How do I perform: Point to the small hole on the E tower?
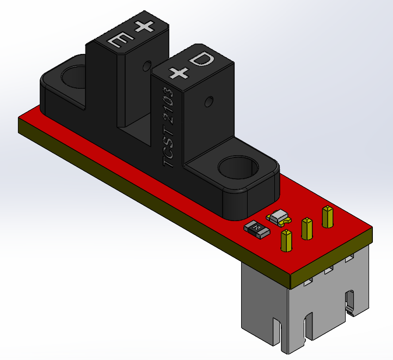(x=145, y=67)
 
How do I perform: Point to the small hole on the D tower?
(x=208, y=101)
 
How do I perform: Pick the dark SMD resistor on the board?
(x=256, y=229)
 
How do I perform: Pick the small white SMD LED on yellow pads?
(x=279, y=217)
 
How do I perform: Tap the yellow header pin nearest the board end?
(x=327, y=216)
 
